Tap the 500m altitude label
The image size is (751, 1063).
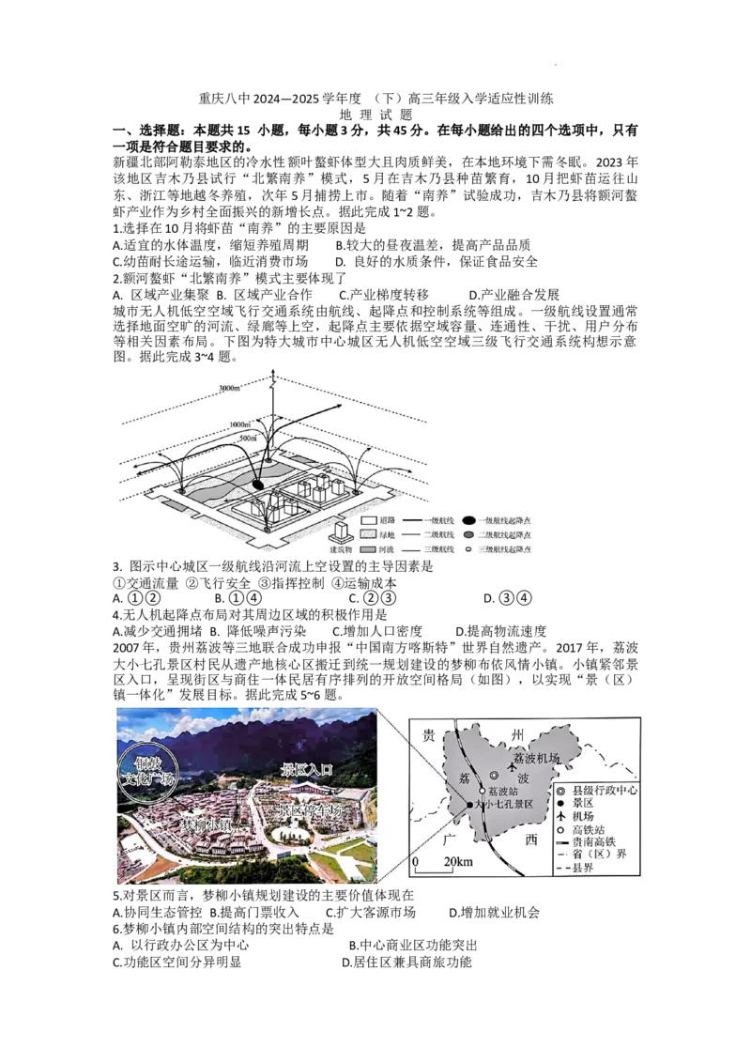pyautogui.click(x=249, y=438)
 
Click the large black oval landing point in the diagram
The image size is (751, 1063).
pyautogui.click(x=259, y=484)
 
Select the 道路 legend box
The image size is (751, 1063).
pyautogui.click(x=369, y=519)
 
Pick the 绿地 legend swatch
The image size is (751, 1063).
pyautogui.click(x=369, y=533)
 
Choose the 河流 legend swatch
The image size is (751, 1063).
pyautogui.click(x=369, y=547)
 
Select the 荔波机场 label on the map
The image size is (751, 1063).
pyautogui.click(x=537, y=757)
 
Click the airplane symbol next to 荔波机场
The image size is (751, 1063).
pyautogui.click(x=513, y=769)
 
